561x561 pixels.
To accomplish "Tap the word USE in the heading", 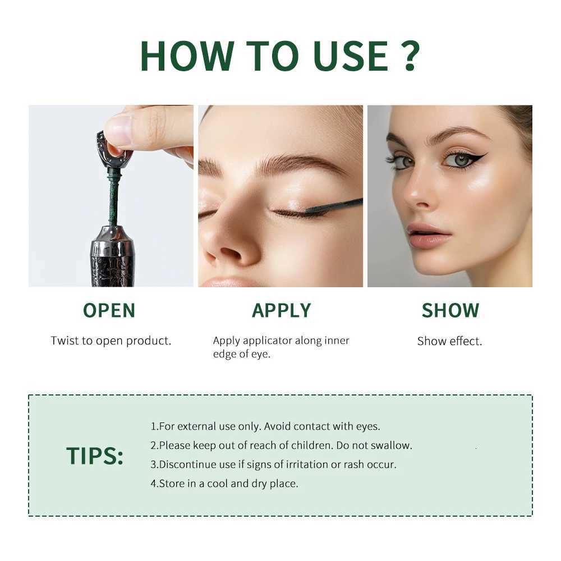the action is (351, 56).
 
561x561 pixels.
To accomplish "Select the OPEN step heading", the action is (109, 311).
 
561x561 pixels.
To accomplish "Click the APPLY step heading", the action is (281, 311).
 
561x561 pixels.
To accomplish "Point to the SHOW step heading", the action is (450, 311).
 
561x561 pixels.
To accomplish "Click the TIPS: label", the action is (95, 456).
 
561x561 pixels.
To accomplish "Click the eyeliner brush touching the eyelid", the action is (333, 207).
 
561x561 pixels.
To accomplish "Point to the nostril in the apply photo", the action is (229, 254).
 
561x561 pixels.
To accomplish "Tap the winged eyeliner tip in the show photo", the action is (486, 154).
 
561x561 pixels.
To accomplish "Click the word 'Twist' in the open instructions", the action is (65, 341).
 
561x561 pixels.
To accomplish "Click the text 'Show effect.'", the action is (449, 341).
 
